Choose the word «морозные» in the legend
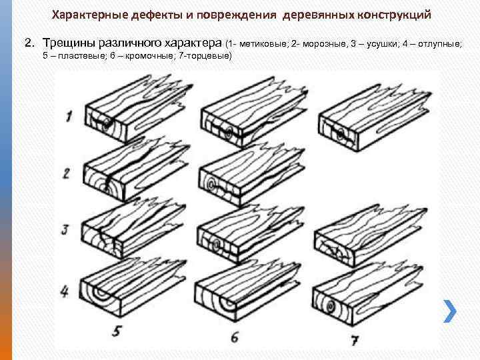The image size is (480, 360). [322, 44]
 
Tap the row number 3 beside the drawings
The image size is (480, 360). [65, 231]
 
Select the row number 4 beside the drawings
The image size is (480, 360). [65, 291]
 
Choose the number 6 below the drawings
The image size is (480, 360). [234, 337]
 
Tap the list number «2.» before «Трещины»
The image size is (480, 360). [29, 43]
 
